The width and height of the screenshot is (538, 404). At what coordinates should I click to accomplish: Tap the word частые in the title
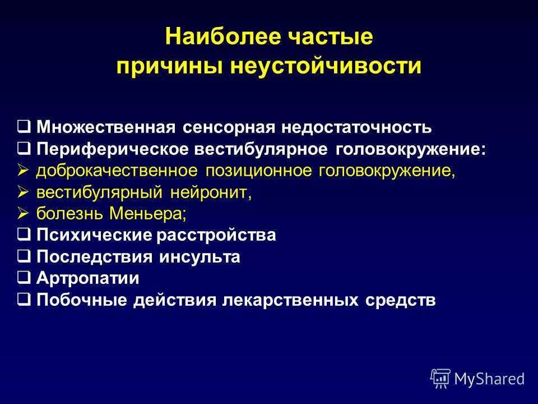(x=330, y=37)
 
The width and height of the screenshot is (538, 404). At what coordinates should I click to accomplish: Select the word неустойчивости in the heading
(x=326, y=66)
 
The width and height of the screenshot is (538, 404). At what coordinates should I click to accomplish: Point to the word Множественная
(x=106, y=127)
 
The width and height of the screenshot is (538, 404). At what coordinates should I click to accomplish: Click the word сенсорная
(x=229, y=127)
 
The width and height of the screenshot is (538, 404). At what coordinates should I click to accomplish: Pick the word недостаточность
(x=356, y=127)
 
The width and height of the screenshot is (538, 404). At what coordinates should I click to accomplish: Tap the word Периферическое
(x=113, y=149)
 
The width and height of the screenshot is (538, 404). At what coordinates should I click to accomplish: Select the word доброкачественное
(x=117, y=171)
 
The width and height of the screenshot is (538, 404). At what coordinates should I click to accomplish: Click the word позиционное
(x=259, y=171)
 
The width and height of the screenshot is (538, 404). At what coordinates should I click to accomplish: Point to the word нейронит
(x=211, y=192)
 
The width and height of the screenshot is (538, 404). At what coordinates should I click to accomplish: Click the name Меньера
(x=148, y=214)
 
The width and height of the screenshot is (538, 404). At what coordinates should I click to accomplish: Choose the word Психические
(x=94, y=235)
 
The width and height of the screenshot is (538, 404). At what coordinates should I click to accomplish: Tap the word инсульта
(x=200, y=257)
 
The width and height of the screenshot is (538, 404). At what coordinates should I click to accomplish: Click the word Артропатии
(x=88, y=278)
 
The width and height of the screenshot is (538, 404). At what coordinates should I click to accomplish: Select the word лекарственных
(x=290, y=300)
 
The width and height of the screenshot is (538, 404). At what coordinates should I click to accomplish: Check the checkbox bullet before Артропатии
(x=24, y=278)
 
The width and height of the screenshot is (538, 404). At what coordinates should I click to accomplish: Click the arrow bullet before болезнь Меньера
(x=23, y=214)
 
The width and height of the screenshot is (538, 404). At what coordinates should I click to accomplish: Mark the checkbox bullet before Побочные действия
(x=24, y=299)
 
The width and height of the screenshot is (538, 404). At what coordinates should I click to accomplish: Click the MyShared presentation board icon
(x=440, y=379)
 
